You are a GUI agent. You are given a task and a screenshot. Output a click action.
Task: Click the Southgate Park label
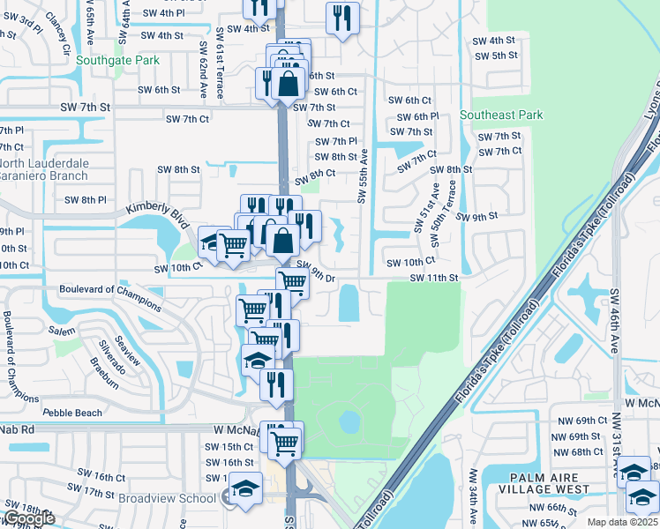point(117,61)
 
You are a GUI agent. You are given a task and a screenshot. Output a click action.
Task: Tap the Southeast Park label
point(500,115)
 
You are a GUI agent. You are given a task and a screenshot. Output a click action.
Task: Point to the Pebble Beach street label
point(71,413)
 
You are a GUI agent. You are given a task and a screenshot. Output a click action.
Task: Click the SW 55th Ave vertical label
point(362,175)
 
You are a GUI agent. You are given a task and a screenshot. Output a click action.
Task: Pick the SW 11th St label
point(434,278)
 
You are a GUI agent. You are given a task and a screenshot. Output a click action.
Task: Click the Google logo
point(28,518)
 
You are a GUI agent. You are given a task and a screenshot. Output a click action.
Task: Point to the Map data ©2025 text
point(623,522)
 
